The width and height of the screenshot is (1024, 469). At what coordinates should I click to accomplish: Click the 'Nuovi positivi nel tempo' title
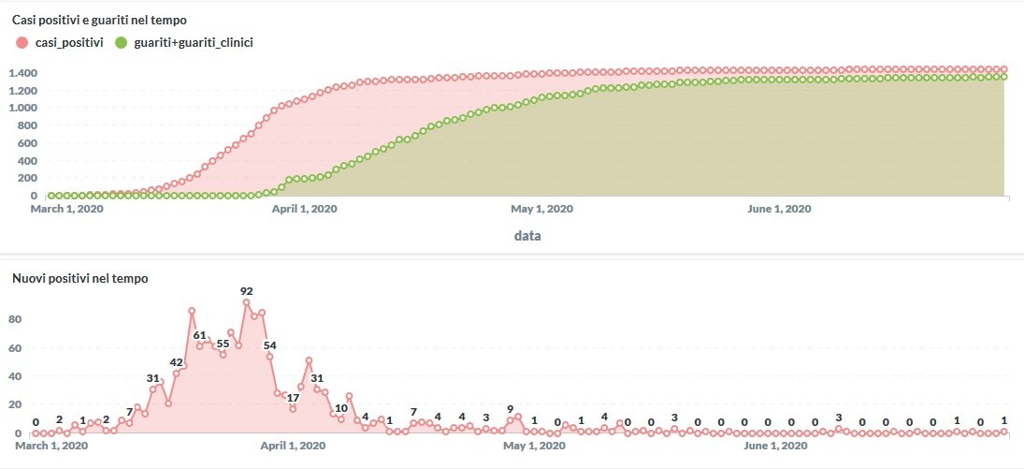click(x=79, y=278)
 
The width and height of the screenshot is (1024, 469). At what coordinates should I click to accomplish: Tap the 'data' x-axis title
click(x=527, y=236)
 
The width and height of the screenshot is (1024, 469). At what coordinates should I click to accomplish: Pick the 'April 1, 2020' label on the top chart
click(x=304, y=210)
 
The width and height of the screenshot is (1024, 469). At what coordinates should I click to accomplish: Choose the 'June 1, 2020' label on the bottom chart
click(x=778, y=447)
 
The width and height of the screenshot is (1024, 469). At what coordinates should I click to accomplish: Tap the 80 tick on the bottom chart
click(x=15, y=319)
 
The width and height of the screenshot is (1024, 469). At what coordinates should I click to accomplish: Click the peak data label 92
click(x=247, y=291)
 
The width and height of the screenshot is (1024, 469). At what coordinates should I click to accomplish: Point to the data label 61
click(x=199, y=335)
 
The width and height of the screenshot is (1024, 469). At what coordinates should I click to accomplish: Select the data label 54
click(x=270, y=345)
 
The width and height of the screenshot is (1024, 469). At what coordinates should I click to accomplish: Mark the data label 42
click(x=177, y=362)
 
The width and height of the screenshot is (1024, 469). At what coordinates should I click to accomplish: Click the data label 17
click(x=293, y=397)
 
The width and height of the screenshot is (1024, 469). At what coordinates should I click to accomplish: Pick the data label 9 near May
click(x=510, y=409)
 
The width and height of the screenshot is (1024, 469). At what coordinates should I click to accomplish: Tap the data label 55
click(x=223, y=344)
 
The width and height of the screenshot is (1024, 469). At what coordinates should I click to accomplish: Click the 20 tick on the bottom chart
click(x=15, y=404)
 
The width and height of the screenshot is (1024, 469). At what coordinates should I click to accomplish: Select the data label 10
click(x=341, y=408)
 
